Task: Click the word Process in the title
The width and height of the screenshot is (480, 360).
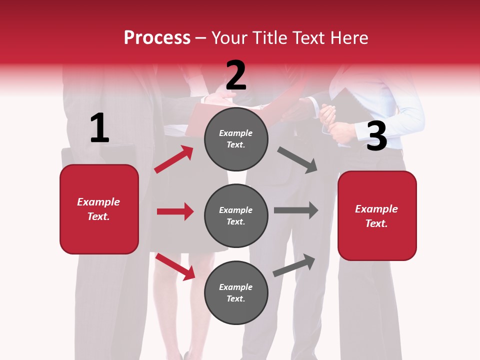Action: coord(157,38)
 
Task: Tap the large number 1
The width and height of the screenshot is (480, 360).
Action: coord(99,128)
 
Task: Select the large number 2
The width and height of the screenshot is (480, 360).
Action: coord(236,75)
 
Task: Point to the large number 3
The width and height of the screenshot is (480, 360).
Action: coord(376,136)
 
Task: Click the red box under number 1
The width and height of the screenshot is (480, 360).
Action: coord(99,209)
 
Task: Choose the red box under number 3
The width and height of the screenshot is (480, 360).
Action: coord(377,215)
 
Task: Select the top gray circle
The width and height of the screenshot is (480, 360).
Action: coord(236,139)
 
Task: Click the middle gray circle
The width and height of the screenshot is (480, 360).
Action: coord(236,215)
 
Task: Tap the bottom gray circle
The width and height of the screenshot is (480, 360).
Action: coord(236,292)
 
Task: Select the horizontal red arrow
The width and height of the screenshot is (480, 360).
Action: coord(175,211)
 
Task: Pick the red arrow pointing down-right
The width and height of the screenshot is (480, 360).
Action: coord(175,266)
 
